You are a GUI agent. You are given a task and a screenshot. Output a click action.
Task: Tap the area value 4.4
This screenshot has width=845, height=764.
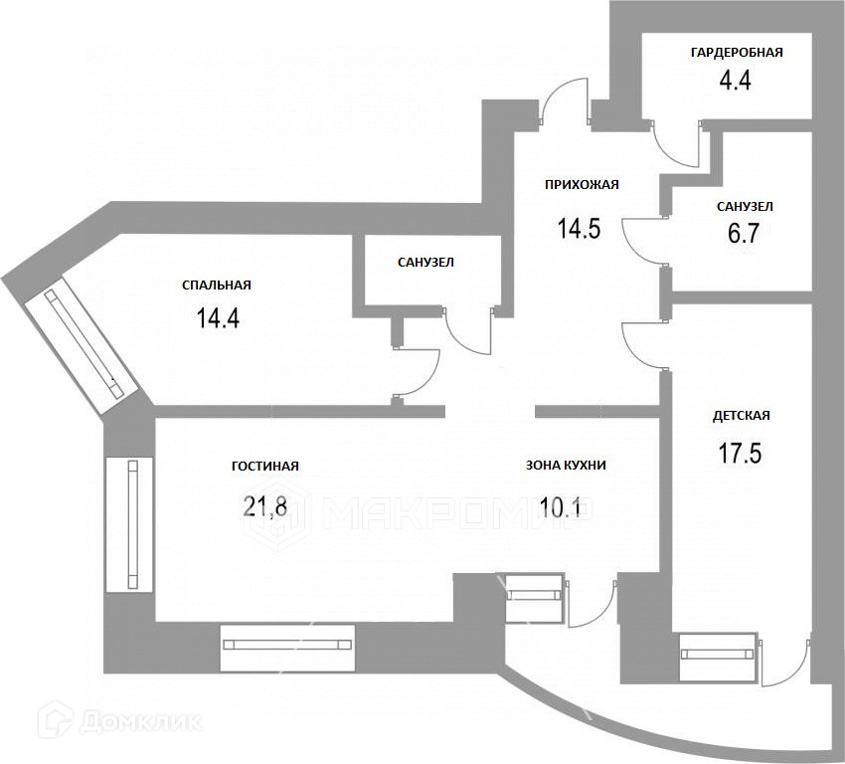pos(735,81)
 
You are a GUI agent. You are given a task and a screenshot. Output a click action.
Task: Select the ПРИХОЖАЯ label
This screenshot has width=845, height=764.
pos(582,184)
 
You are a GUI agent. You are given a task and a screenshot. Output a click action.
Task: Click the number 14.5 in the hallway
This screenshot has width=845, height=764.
pos(579,229)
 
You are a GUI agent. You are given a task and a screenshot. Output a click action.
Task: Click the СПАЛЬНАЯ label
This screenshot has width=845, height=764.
pos(217,285)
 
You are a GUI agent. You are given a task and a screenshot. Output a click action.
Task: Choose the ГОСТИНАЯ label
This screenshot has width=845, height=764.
pos(265,466)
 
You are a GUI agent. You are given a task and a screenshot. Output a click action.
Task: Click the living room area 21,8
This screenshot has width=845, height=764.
pos(265,507)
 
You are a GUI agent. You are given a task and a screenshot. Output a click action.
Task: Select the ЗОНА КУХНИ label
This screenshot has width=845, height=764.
pos(566,465)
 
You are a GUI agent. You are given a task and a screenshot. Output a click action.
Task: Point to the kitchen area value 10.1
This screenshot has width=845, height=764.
pos(565,507)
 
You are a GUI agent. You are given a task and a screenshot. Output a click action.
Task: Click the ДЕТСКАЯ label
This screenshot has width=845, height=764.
pos(742,416)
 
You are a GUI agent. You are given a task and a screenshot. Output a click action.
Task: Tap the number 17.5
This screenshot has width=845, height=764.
pos(740,454)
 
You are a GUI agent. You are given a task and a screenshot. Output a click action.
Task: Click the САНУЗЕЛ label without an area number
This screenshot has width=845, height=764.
pos(425,263)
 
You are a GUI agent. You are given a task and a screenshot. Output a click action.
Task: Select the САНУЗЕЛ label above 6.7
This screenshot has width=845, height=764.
pos(745,206)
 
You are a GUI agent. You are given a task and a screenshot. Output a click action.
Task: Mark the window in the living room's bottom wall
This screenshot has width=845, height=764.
pos(287,644)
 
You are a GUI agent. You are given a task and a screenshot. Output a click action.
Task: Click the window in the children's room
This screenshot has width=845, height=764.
pos(718,655)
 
